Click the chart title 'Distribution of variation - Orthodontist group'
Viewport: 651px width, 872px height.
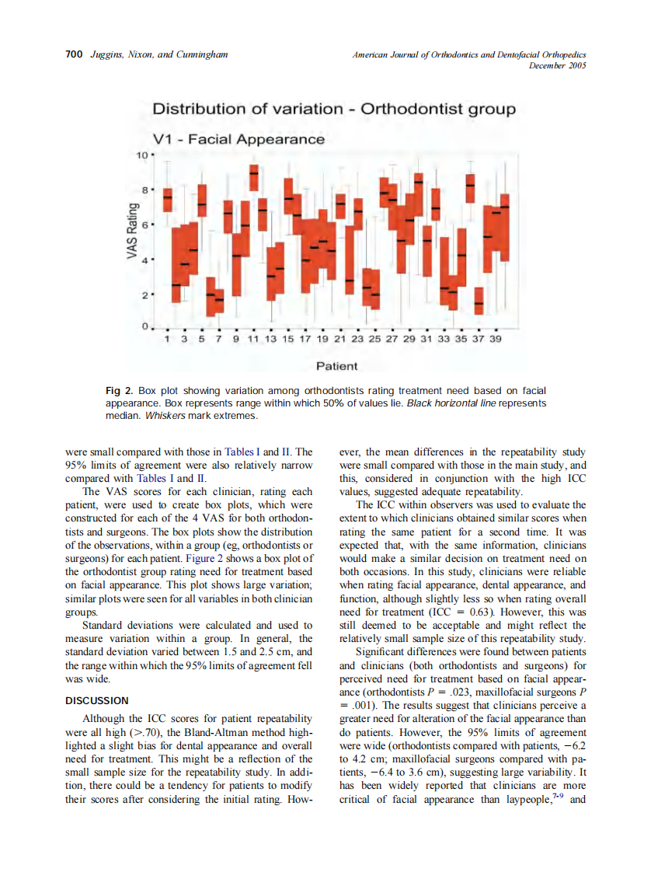click(x=333, y=109)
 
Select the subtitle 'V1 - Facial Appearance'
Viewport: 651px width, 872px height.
click(x=238, y=140)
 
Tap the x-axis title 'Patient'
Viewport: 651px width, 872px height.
click(x=337, y=366)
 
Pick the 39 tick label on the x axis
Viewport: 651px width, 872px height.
click(x=496, y=339)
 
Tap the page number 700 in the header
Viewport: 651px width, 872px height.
click(x=74, y=54)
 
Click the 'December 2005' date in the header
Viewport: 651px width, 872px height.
click(x=557, y=66)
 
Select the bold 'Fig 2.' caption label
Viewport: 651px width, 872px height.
click(x=120, y=390)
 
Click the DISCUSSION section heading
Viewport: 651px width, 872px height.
click(x=97, y=700)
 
